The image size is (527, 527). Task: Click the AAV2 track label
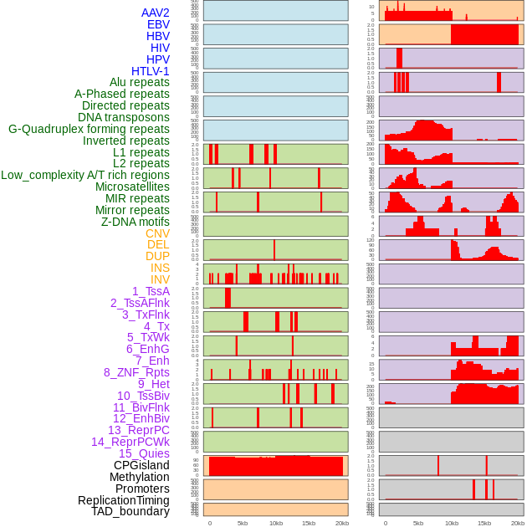tap(155, 13)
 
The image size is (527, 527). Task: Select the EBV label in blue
tap(157, 24)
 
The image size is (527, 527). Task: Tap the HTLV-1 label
tap(150, 71)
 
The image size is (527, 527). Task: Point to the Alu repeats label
tap(139, 83)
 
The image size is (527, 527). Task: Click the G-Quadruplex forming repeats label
tap(89, 129)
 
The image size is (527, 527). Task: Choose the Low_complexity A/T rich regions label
tap(84, 175)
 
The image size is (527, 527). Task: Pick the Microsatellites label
tap(131, 187)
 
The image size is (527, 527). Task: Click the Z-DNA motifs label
tap(135, 222)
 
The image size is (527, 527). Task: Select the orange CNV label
tap(157, 233)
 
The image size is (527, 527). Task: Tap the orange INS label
tap(159, 268)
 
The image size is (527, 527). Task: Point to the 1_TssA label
tap(151, 291)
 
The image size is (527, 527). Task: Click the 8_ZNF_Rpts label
tap(136, 372)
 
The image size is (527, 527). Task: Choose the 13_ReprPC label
tap(138, 430)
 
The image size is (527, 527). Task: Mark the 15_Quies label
tap(143, 453)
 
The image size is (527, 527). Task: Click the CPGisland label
tap(141, 465)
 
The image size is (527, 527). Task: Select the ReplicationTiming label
tap(123, 500)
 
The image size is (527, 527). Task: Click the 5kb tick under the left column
tap(243, 523)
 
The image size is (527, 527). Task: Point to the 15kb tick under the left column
tap(309, 523)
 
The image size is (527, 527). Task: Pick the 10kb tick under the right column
tap(452, 523)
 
